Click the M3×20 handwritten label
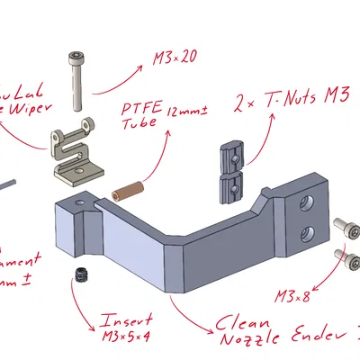(175, 58)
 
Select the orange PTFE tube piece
(128, 191)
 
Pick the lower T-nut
(231, 187)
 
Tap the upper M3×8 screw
(343, 226)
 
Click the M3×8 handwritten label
(293, 294)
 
